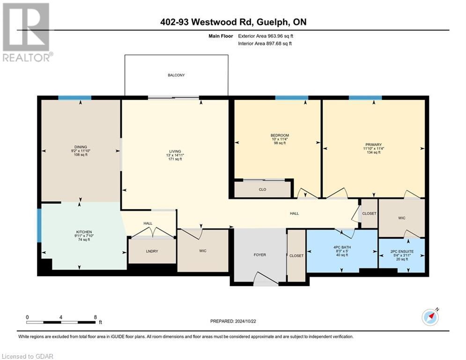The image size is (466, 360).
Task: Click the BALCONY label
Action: pos(176,75)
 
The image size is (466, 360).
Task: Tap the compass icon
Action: pos(430,317)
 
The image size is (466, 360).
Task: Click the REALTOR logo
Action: pos(26,32)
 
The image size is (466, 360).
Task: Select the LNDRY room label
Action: pos(152,251)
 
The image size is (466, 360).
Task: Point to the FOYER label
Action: pos(260,255)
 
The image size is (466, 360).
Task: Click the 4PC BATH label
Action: pos(342,247)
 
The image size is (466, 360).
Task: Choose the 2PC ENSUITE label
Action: pos(402,251)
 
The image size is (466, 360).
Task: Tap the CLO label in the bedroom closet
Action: pos(262,189)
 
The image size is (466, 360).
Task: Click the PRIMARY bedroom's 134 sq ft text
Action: pos(374,152)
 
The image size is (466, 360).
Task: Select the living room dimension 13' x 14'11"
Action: pos(175,155)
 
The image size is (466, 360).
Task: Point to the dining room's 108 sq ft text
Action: pos(81,155)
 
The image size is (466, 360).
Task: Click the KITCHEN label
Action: pos(84,232)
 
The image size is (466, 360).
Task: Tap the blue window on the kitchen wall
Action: pos(39,225)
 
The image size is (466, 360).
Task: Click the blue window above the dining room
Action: pos(74,98)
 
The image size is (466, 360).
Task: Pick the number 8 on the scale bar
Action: pos(96,317)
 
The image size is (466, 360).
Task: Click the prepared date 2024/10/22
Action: pos(245,321)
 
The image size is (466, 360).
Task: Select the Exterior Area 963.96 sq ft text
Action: pos(266,36)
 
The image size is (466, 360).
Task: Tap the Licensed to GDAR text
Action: pos(27,356)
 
